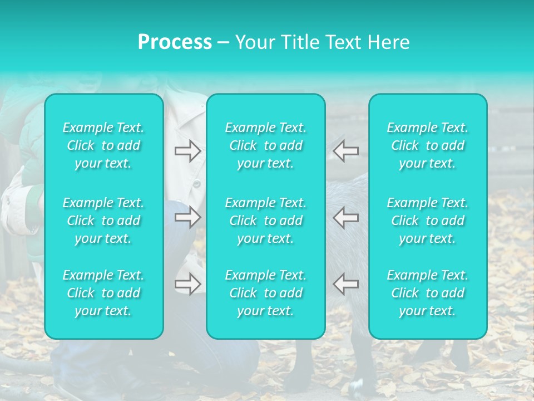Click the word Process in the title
(x=175, y=42)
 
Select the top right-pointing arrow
(x=187, y=151)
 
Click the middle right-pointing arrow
(x=187, y=218)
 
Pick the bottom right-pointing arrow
(x=187, y=284)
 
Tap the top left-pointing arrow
(x=346, y=151)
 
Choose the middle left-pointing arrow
(x=346, y=218)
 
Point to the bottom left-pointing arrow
(x=346, y=284)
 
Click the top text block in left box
(x=103, y=145)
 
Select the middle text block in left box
(x=103, y=221)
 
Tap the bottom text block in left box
(x=103, y=293)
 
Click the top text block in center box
(x=266, y=145)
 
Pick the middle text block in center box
(x=266, y=221)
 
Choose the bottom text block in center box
(x=266, y=293)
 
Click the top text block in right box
(x=428, y=145)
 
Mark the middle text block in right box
(x=428, y=221)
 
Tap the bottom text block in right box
(x=428, y=293)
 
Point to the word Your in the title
(x=255, y=42)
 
